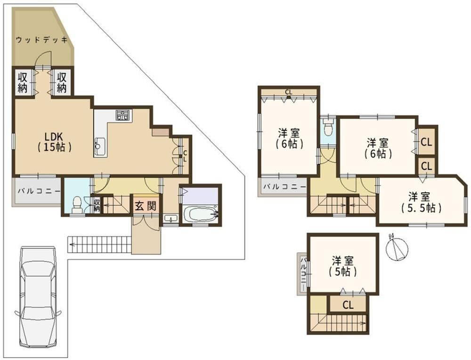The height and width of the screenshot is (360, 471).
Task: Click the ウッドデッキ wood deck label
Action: tap(41, 40)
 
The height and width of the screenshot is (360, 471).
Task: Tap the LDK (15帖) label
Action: tap(54, 141)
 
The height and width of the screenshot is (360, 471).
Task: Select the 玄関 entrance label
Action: tap(146, 206)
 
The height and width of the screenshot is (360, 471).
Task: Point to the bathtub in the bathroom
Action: tap(199, 214)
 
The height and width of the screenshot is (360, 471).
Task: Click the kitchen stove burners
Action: tap(123, 115)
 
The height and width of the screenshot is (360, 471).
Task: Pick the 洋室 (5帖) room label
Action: tap(342, 266)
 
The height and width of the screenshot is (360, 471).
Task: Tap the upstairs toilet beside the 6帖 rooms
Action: tap(328, 127)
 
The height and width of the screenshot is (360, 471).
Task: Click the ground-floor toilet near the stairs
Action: tap(78, 205)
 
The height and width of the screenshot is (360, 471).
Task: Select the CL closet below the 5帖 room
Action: tap(348, 305)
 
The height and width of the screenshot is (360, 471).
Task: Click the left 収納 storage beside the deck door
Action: tap(23, 82)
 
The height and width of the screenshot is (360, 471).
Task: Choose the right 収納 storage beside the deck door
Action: tap(62, 82)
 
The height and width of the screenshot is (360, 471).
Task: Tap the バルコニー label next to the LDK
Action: tap(39, 191)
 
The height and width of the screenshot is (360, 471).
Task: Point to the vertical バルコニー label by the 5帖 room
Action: tap(304, 274)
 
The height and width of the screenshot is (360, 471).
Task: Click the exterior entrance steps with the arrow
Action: tap(99, 244)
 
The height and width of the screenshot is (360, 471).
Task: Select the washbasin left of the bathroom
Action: tap(171, 219)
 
